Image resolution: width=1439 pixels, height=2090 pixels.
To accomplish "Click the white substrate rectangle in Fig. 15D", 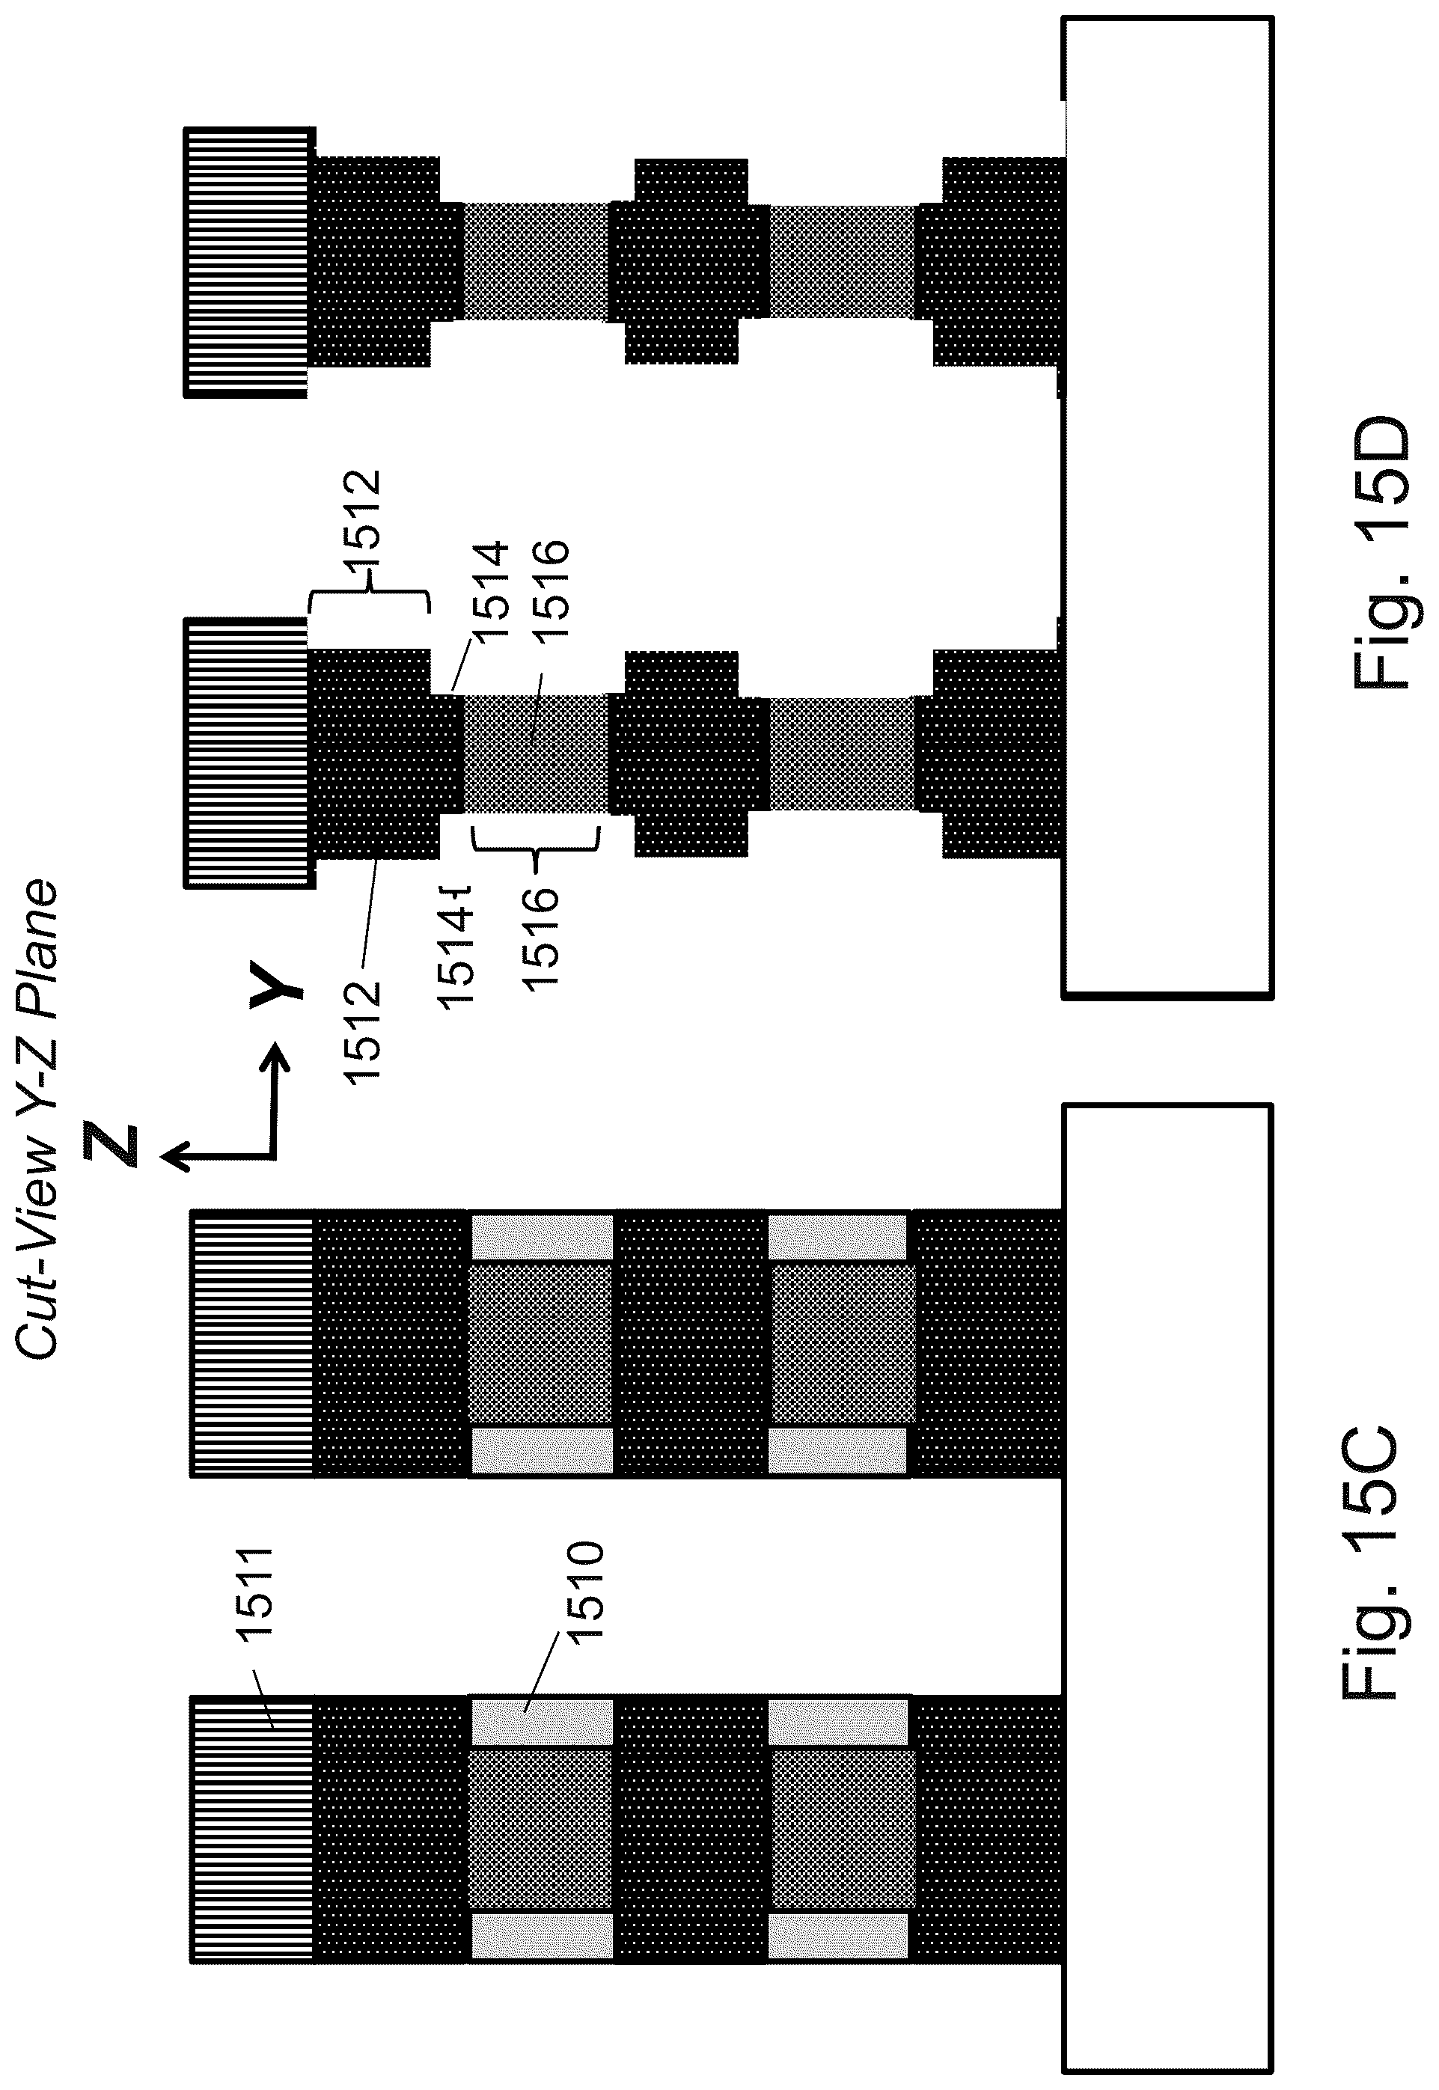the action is coord(1167,505).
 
